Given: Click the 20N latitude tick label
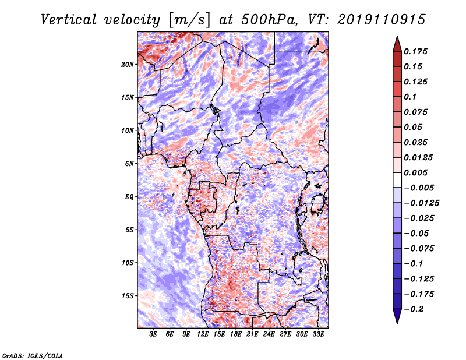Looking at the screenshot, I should pos(128,64).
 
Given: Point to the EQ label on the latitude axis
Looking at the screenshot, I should pos(129,197).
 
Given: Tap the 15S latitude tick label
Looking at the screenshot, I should pos(128,296).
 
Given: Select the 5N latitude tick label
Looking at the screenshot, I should pos(129,164).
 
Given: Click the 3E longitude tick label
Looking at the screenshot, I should pos(154,334).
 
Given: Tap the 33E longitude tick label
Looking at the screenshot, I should pos(318,334).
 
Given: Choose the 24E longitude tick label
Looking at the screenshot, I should pos(269,334).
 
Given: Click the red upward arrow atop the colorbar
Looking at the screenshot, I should pos(397,43).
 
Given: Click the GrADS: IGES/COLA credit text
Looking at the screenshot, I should pos(32,355).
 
